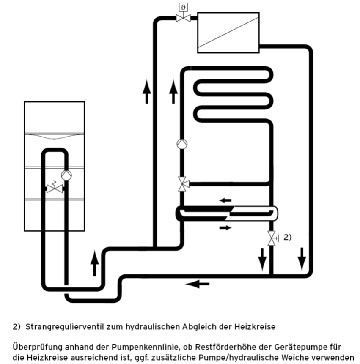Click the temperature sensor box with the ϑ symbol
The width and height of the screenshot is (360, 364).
coord(183,7)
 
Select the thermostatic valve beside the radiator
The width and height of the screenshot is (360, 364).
coord(183,18)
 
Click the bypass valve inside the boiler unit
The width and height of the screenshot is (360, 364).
coord(55,188)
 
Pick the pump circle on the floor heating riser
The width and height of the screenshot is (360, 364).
coord(182,144)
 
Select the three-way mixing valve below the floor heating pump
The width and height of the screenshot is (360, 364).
coord(183,184)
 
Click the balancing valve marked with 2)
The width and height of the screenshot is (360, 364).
coord(272,238)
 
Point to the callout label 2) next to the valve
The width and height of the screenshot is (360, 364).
coord(287,237)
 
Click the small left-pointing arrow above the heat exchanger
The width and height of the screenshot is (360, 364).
coord(225,200)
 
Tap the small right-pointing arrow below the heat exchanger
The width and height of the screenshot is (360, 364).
coord(225,228)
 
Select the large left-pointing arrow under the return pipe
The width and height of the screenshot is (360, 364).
coord(198,284)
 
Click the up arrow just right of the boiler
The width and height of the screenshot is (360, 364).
coord(94,263)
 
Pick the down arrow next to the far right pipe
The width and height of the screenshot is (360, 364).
coord(302,259)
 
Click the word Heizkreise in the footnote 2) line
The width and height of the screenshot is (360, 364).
coord(255,327)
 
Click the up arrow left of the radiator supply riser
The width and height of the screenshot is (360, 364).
coord(146,91)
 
